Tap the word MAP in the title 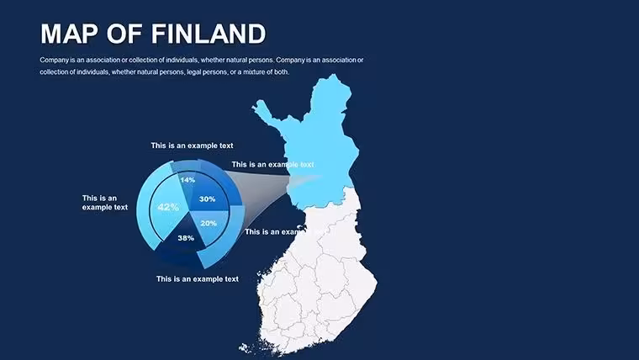[x=69, y=34]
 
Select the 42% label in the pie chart [x=168, y=207]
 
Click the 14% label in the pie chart [x=187, y=180]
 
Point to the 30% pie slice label [x=207, y=199]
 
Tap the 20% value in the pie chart [x=209, y=224]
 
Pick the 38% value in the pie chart [x=186, y=238]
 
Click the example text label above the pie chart [x=192, y=146]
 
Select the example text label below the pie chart [x=198, y=279]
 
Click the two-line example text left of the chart [x=105, y=203]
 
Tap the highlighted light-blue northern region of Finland [x=322, y=146]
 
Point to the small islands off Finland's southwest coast [x=245, y=347]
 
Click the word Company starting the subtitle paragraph [x=54, y=61]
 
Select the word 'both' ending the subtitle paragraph [x=281, y=72]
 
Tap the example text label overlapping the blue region [x=272, y=165]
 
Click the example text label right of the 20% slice [x=281, y=232]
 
